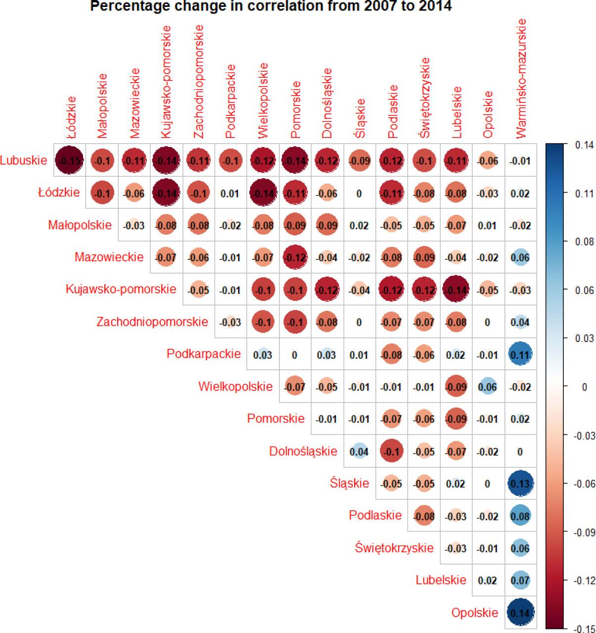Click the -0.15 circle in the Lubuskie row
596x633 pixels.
pyautogui.click(x=69, y=161)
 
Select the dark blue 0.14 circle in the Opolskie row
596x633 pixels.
pyautogui.click(x=520, y=613)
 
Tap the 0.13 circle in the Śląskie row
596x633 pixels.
pyautogui.click(x=520, y=484)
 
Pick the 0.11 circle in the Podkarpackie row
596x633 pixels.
pyautogui.click(x=520, y=355)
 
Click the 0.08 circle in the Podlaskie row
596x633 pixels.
pyautogui.click(x=520, y=516)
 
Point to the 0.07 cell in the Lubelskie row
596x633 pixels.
pyautogui.click(x=520, y=581)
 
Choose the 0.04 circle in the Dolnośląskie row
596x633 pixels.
pyautogui.click(x=359, y=451)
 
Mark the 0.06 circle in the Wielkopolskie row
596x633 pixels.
pyautogui.click(x=488, y=387)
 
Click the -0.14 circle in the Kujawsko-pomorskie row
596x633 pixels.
pyautogui.click(x=456, y=290)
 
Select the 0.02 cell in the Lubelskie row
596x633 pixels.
pyautogui.click(x=488, y=581)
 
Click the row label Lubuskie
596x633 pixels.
pyautogui.click(x=24, y=160)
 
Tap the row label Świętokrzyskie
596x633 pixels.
pyautogui.click(x=394, y=548)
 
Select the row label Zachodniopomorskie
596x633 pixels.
pyautogui.click(x=152, y=322)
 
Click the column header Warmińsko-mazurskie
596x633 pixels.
pyautogui.click(x=520, y=79)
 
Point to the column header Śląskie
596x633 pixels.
pyautogui.click(x=360, y=119)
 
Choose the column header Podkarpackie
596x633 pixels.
pyautogui.click(x=230, y=101)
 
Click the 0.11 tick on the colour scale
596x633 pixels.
pyautogui.click(x=584, y=194)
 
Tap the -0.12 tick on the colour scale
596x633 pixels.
pyautogui.click(x=584, y=581)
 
